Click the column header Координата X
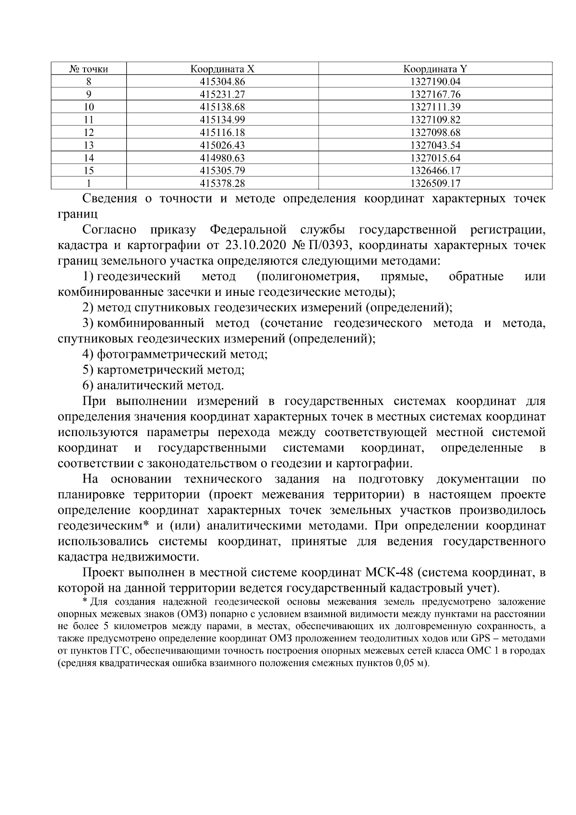[222, 69]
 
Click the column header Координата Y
[435, 69]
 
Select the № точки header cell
[89, 69]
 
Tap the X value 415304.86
[222, 82]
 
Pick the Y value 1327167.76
[435, 95]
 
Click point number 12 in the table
[89, 133]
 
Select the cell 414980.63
[222, 158]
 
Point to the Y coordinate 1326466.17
[435, 170]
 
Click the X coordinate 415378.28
[222, 183]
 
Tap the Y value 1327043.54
[435, 145]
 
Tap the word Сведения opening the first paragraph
[110, 198]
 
